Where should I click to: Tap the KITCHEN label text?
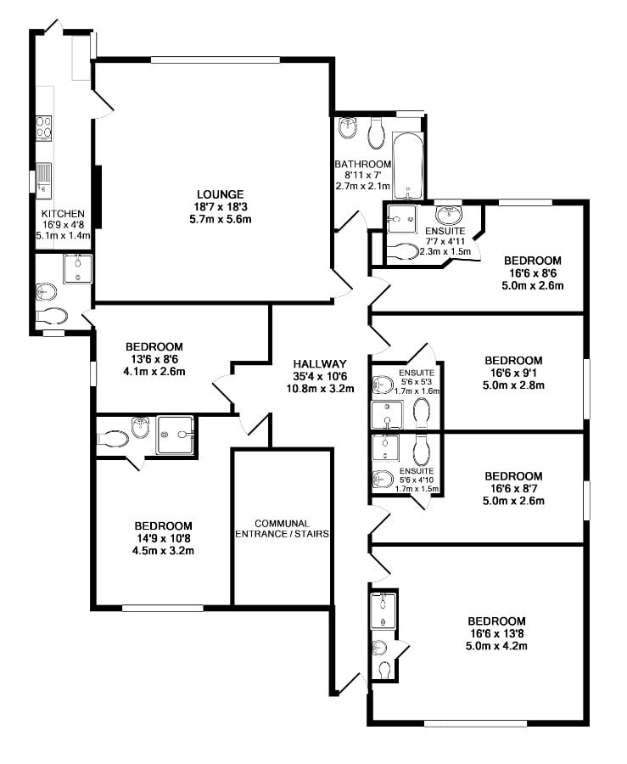tap(63, 213)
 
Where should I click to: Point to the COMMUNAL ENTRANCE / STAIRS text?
tap(281, 529)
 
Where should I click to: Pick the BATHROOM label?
tap(362, 165)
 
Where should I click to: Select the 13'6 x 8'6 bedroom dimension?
tap(154, 359)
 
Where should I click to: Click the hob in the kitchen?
tap(44, 127)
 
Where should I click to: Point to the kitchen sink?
tap(44, 176)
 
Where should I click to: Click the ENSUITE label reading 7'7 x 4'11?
tap(445, 240)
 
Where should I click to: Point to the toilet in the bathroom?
tap(378, 131)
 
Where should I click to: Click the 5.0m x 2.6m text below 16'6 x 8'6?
tap(533, 285)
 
